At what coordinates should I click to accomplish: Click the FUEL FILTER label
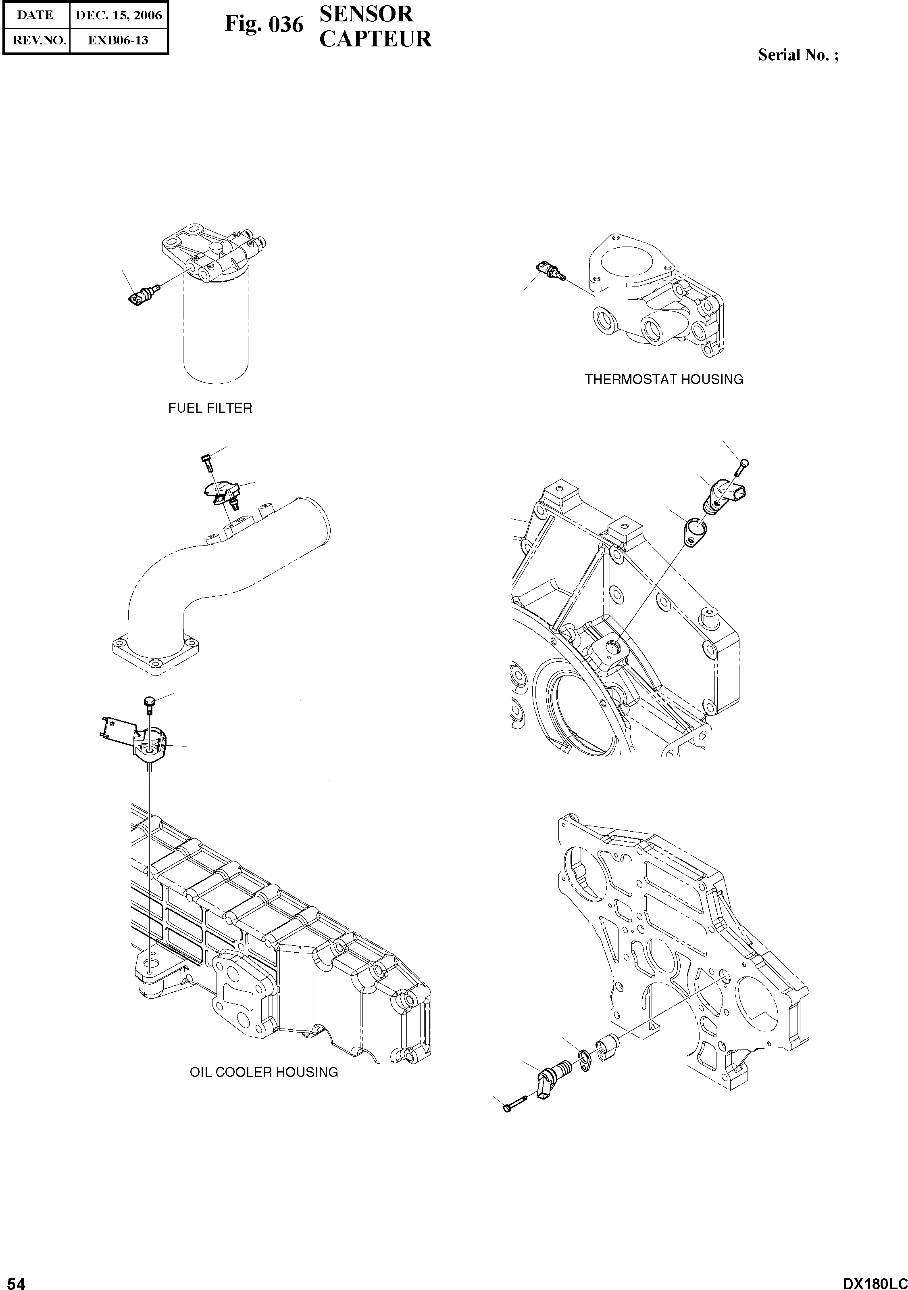(x=210, y=408)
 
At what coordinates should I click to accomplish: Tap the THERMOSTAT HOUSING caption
(x=664, y=380)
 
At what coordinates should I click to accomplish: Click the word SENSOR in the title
(x=366, y=14)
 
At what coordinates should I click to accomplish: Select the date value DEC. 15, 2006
(x=119, y=15)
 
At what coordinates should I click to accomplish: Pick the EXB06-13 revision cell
(x=119, y=40)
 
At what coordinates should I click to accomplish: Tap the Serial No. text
(x=798, y=55)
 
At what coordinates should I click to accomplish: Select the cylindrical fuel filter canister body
(x=216, y=332)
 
